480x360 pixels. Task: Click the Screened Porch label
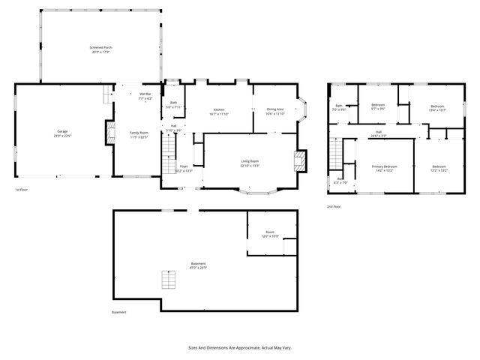pyautogui.click(x=101, y=49)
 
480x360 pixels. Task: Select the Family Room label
pyautogui.click(x=139, y=134)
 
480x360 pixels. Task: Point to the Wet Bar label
pyautogui.click(x=145, y=96)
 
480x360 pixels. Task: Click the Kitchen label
pyautogui.click(x=219, y=112)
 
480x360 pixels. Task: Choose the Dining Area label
pyautogui.click(x=276, y=112)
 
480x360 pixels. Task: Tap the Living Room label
pyautogui.click(x=250, y=163)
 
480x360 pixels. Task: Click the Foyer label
pyautogui.click(x=184, y=169)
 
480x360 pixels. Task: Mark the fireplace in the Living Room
pyautogui.click(x=299, y=160)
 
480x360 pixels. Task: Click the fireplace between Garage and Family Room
pyautogui.click(x=110, y=135)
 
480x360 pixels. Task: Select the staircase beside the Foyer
pyautogui.click(x=166, y=160)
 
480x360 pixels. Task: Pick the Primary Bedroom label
pyautogui.click(x=385, y=168)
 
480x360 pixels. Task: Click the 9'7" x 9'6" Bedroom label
pyautogui.click(x=378, y=106)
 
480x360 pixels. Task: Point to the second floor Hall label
pyautogui.click(x=379, y=134)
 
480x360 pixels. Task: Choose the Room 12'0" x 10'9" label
pyautogui.click(x=269, y=234)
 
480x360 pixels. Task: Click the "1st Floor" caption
pyautogui.click(x=22, y=190)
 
